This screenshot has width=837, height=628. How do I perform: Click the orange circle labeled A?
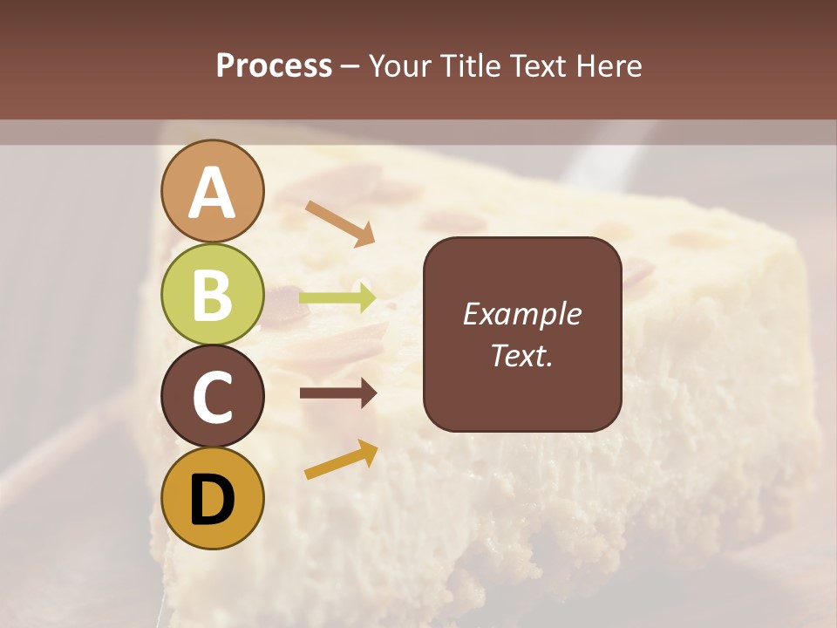pyautogui.click(x=213, y=191)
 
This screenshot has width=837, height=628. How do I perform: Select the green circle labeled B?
pyautogui.click(x=213, y=294)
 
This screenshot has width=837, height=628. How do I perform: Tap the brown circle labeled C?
pyautogui.click(x=213, y=396)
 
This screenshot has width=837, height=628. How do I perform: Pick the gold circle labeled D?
pyautogui.click(x=213, y=498)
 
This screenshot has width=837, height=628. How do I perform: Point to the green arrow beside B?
pyautogui.click(x=337, y=298)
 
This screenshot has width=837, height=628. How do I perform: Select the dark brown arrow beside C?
pyautogui.click(x=337, y=393)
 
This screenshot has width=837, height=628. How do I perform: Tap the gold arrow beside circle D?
pyautogui.click(x=341, y=460)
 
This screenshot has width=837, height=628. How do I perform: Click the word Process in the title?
pyautogui.click(x=274, y=65)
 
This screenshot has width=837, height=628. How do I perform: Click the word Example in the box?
pyautogui.click(x=521, y=314)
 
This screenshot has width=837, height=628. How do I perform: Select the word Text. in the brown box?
pyautogui.click(x=521, y=355)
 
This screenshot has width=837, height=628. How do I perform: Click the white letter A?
pyautogui.click(x=213, y=192)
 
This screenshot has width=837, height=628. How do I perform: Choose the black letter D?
pyautogui.click(x=213, y=499)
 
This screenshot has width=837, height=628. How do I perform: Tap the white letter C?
pyautogui.click(x=213, y=397)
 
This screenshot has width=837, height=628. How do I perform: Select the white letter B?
pyautogui.click(x=213, y=295)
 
